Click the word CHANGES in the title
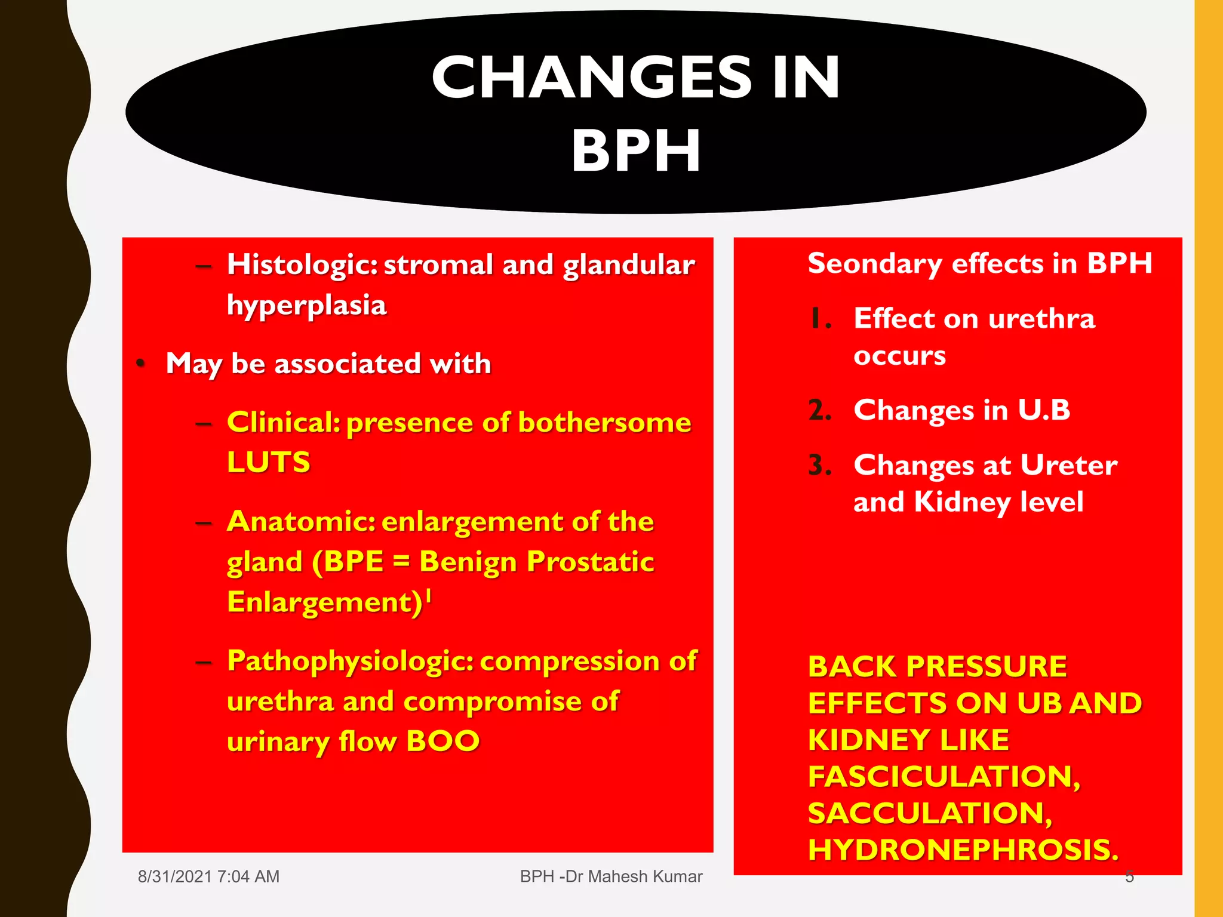(591, 78)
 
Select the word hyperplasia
(306, 306)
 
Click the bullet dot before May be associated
(141, 363)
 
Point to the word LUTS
(269, 462)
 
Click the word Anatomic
(300, 522)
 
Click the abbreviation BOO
(443, 741)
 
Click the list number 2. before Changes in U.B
(819, 410)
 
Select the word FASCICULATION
(944, 777)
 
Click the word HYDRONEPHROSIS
(963, 850)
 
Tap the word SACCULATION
(930, 814)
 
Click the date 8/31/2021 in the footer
(175, 876)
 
